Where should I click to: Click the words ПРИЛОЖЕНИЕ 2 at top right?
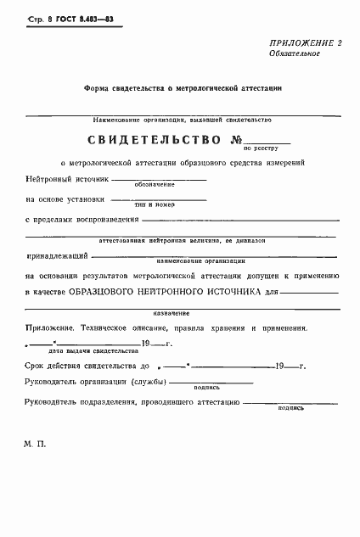pyautogui.click(x=306, y=42)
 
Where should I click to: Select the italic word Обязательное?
pyautogui.click(x=294, y=53)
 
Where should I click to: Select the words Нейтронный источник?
pyautogui.click(x=67, y=180)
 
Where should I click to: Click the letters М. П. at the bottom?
pyautogui.click(x=37, y=445)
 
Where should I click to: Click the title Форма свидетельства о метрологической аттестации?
pyautogui.click(x=182, y=87)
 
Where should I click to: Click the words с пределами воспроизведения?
pyautogui.click(x=81, y=220)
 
